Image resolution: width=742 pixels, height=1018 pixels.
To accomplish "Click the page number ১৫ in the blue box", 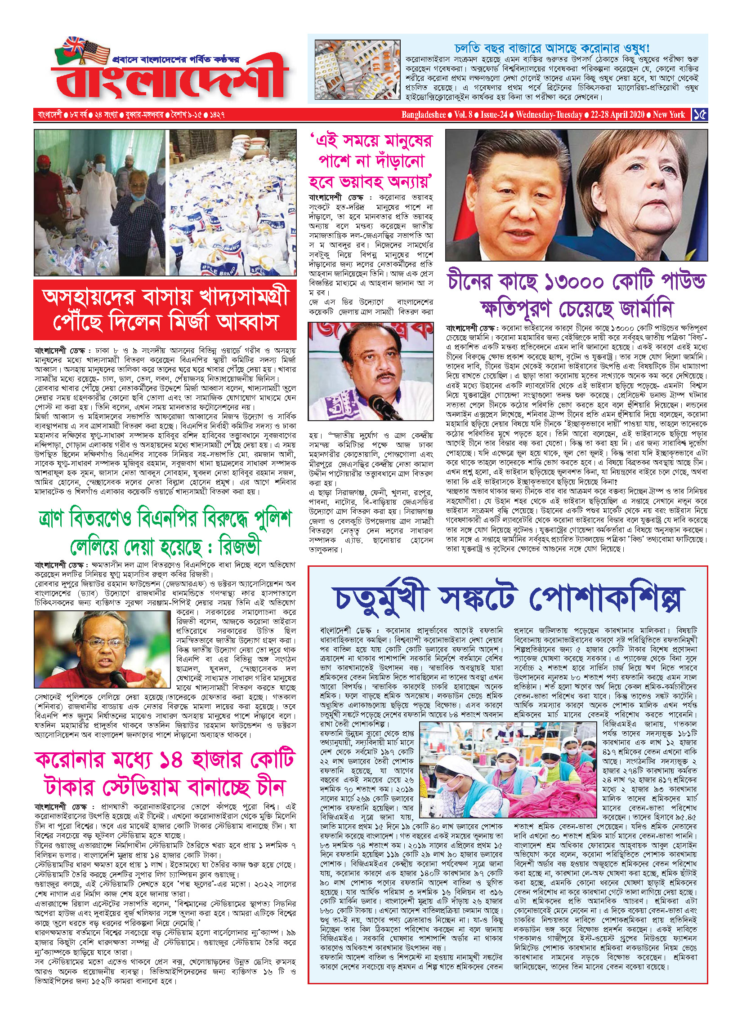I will click(699, 115).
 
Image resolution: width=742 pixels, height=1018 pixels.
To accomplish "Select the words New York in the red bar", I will click(669, 115).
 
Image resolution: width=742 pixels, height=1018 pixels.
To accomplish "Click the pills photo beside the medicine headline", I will click(357, 70).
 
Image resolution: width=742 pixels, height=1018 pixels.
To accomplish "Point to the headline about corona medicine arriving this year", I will click(552, 48).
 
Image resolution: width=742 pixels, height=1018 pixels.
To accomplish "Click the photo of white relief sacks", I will click(232, 202).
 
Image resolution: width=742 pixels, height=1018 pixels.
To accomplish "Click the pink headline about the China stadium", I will click(165, 773).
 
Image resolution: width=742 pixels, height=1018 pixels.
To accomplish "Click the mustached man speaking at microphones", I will click(371, 371).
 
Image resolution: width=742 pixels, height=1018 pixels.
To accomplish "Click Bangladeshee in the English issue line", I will click(424, 115).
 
